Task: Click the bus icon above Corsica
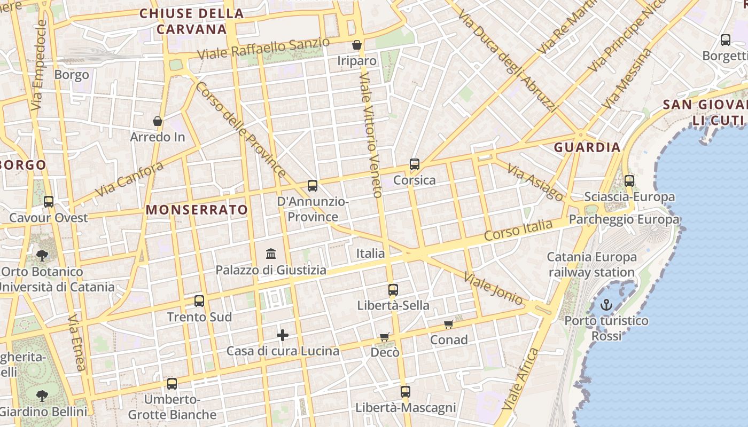tap(415, 164)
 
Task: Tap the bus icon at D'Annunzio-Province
tap(313, 186)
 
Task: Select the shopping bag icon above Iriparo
tap(356, 45)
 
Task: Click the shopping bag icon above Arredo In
tap(158, 122)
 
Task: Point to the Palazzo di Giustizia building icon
tap(271, 254)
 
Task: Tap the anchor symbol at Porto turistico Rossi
tap(606, 305)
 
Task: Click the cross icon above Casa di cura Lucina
tap(283, 335)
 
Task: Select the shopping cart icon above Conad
tap(449, 324)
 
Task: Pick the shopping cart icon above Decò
tap(385, 337)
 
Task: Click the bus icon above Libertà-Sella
tap(393, 290)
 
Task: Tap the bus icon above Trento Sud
tap(199, 301)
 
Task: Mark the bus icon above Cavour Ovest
tap(49, 202)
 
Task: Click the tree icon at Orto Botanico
tap(42, 255)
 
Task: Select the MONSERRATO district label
tap(197, 210)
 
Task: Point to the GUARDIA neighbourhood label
tap(587, 147)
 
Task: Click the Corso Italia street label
tap(518, 230)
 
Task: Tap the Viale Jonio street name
tap(493, 289)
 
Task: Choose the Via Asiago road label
tap(534, 181)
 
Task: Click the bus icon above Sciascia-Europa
tap(629, 181)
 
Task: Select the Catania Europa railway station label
tap(591, 265)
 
